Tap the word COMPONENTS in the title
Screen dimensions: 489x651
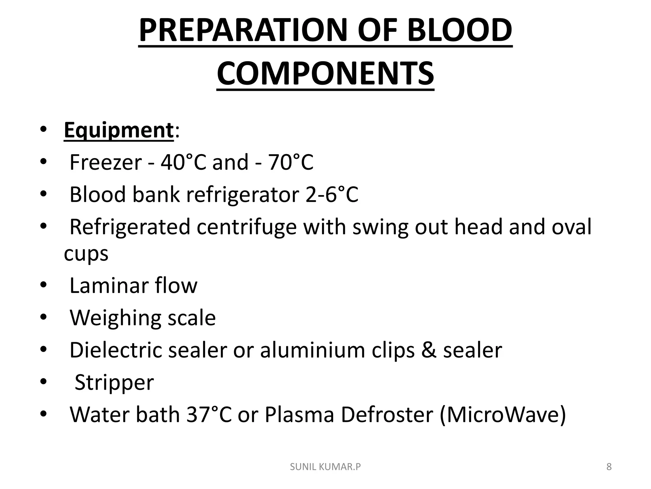325,74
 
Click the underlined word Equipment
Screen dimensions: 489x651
119,130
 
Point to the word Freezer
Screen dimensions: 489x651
106,162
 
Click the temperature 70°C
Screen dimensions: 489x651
291,162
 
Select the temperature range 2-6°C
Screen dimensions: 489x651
332,195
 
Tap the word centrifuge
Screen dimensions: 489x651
246,227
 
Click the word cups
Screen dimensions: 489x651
86,254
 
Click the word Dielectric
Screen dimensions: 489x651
116,350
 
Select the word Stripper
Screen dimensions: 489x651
114,382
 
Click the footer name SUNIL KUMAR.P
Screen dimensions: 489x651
325,467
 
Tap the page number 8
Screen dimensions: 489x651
609,467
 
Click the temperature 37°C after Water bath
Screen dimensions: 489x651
209,415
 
